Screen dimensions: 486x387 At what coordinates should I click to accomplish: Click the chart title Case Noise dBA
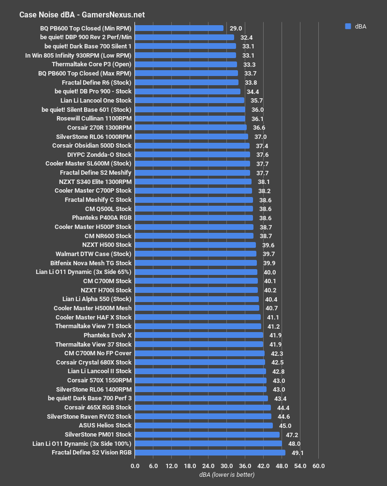click(x=82, y=15)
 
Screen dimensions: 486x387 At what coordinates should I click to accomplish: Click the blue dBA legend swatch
click(x=348, y=27)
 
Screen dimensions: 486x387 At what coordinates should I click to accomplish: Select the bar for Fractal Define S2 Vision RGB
click(x=210, y=453)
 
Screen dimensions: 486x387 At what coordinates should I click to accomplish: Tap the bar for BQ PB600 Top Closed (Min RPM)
click(x=179, y=28)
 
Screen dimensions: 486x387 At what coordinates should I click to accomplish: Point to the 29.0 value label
click(x=235, y=28)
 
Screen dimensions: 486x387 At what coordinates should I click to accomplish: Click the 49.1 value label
click(x=297, y=453)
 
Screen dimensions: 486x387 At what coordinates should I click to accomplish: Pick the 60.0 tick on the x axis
click(x=318, y=466)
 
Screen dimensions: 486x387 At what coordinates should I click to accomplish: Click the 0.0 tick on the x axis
click(x=135, y=466)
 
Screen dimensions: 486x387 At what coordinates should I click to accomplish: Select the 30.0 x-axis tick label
click(x=226, y=466)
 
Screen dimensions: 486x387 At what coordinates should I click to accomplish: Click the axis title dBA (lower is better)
click(x=226, y=475)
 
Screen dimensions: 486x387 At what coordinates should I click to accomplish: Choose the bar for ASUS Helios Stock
click(x=204, y=425)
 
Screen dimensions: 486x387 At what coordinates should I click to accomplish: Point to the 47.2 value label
click(x=291, y=435)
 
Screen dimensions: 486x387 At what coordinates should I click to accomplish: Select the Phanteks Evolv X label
click(x=107, y=335)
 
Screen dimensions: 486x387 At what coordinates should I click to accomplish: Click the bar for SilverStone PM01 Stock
click(x=207, y=435)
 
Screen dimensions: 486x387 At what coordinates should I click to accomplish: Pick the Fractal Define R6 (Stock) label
click(x=97, y=82)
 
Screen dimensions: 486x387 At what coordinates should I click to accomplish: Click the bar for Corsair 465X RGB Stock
click(x=203, y=408)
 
